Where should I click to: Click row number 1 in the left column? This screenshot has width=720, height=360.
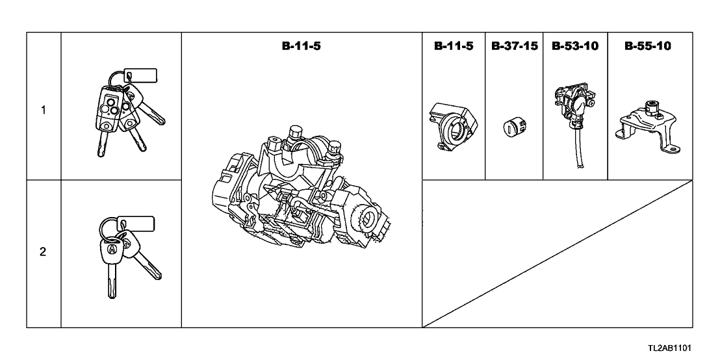(x=43, y=110)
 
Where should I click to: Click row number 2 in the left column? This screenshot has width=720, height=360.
(x=43, y=252)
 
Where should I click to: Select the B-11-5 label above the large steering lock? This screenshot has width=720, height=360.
(x=302, y=46)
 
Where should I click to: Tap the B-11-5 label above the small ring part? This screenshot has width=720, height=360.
(x=454, y=46)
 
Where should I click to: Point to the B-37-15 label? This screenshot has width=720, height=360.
(x=514, y=46)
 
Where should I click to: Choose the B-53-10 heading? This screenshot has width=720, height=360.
(x=575, y=46)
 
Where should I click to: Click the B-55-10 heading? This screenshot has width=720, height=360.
(x=647, y=46)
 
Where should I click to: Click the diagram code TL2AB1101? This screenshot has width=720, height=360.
(x=669, y=348)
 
